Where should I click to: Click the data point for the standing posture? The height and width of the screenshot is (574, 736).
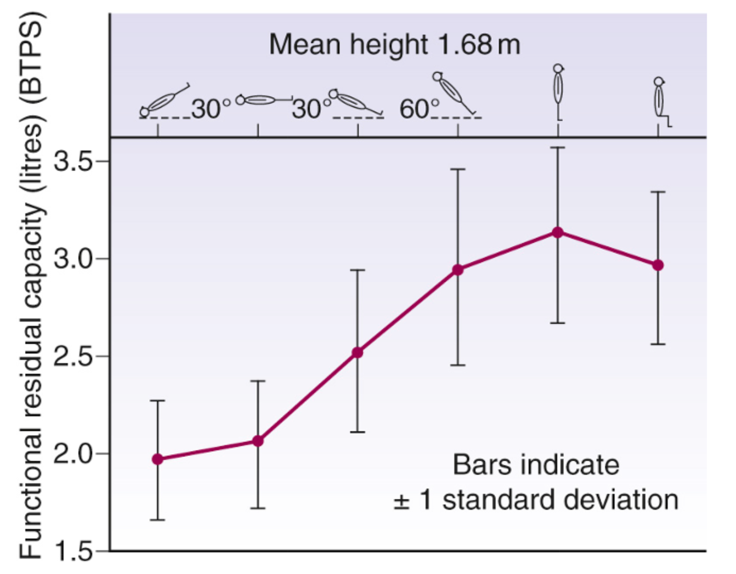[558, 233]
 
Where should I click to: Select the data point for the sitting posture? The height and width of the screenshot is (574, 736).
[658, 265]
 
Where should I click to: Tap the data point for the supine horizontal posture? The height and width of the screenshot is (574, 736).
[258, 441]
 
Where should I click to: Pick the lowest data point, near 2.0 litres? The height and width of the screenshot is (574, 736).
[158, 459]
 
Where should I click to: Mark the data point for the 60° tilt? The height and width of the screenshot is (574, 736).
[458, 270]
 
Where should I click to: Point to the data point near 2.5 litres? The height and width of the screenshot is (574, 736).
[358, 352]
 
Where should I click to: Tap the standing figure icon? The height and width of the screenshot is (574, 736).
[558, 91]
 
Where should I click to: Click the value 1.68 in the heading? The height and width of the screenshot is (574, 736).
[465, 45]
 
